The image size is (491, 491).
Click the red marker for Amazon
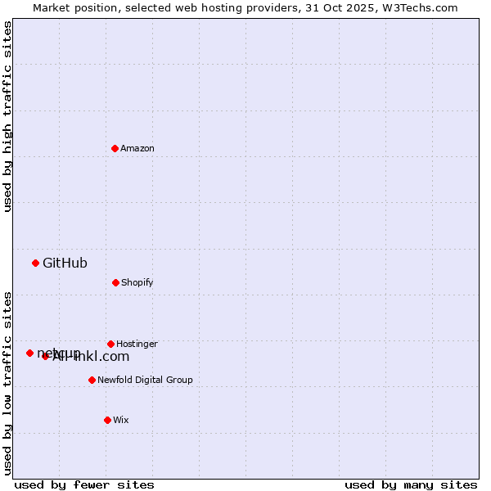point(115,148)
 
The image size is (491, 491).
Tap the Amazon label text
point(137,149)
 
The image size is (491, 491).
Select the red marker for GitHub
point(35,263)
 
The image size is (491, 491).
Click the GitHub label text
point(65,264)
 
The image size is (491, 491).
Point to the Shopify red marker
point(115,282)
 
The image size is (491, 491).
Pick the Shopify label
point(137,283)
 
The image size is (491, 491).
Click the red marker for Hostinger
point(110,344)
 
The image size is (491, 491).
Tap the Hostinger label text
point(137,345)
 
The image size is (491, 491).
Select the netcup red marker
point(29,353)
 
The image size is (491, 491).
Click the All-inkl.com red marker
point(46,356)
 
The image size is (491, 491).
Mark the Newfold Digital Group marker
point(92,380)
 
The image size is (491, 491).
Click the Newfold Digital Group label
point(145,381)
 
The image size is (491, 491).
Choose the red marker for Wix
point(107,420)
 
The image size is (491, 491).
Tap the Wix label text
point(121,421)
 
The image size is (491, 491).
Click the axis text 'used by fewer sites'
point(84,485)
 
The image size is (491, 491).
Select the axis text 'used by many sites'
point(411,485)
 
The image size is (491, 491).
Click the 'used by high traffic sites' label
point(7,116)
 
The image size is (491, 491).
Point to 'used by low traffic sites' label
point(7,382)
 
